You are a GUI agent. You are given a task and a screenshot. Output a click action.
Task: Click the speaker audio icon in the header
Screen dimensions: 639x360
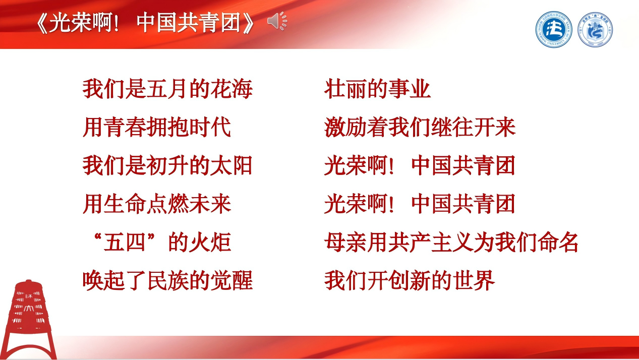(277, 21)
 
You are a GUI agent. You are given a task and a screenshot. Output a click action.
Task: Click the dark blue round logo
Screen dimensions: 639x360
(554, 30)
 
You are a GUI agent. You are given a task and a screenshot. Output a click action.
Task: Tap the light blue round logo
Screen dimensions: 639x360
(595, 30)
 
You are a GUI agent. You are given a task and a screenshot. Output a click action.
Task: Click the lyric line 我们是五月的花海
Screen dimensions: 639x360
(167, 89)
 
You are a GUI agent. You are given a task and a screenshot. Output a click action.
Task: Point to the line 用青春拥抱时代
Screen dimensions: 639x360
(157, 127)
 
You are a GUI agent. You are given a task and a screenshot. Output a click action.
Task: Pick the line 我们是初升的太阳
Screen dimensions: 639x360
(167, 165)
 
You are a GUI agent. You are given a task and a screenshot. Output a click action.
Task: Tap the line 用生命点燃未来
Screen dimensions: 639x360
(157, 204)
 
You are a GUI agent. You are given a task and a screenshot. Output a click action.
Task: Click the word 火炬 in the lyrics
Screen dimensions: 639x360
(209, 242)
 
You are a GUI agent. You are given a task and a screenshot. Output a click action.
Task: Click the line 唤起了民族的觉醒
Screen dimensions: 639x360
(167, 281)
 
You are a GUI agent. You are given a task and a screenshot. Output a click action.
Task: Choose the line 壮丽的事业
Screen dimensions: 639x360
(377, 89)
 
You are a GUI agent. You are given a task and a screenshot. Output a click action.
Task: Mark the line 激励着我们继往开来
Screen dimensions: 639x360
(420, 127)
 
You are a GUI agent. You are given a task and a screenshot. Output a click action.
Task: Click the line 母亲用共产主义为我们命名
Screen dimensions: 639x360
(451, 242)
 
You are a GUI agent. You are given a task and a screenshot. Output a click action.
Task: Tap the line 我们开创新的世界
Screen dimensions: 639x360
(410, 281)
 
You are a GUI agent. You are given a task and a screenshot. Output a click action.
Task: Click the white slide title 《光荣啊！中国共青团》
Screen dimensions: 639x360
(145, 23)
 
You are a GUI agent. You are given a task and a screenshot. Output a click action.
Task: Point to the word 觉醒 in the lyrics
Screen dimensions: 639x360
(231, 281)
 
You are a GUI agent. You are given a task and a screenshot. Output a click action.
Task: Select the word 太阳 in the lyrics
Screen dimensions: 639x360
(231, 165)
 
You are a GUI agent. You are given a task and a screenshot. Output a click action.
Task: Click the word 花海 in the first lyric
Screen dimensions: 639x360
(231, 89)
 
